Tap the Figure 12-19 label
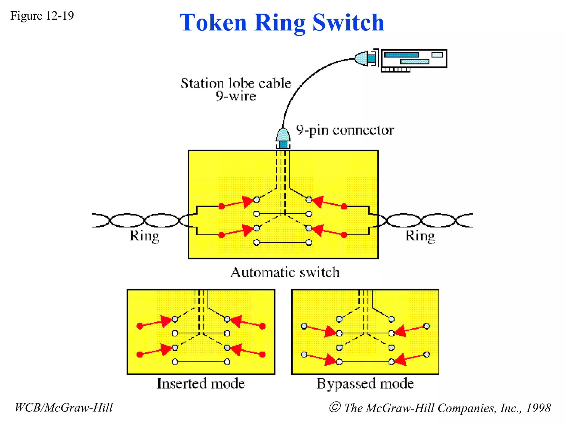click(42, 16)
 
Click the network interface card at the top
click(414, 59)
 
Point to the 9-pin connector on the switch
click(283, 138)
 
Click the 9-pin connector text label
click(345, 130)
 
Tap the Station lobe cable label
click(236, 83)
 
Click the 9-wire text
click(236, 96)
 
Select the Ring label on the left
click(145, 236)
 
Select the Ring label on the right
click(420, 236)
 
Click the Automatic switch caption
click(285, 272)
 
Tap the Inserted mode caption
click(201, 384)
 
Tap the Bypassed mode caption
click(365, 384)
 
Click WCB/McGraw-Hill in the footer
click(64, 408)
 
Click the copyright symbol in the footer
click(335, 407)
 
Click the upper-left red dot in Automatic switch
click(221, 206)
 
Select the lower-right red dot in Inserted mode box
click(263, 354)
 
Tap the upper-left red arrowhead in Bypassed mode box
click(330, 331)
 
